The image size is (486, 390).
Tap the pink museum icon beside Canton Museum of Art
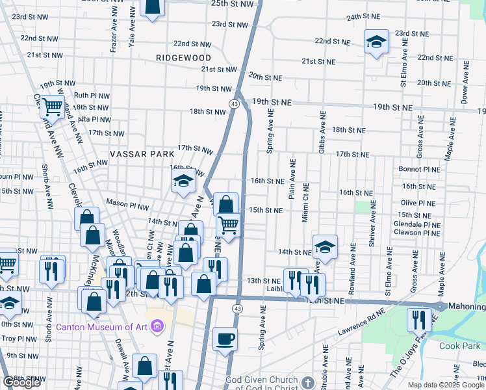[157, 326]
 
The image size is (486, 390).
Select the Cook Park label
[459, 346]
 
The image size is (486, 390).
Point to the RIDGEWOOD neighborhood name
[175, 58]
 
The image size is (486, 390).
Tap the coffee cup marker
[225, 339]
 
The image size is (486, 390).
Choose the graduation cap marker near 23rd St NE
[376, 42]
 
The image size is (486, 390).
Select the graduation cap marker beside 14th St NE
[325, 247]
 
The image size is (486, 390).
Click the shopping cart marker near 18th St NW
[53, 106]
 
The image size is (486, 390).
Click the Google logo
[21, 382]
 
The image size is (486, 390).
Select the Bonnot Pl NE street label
[421, 169]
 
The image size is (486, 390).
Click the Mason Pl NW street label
[127, 204]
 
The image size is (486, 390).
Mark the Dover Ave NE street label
[464, 86]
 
